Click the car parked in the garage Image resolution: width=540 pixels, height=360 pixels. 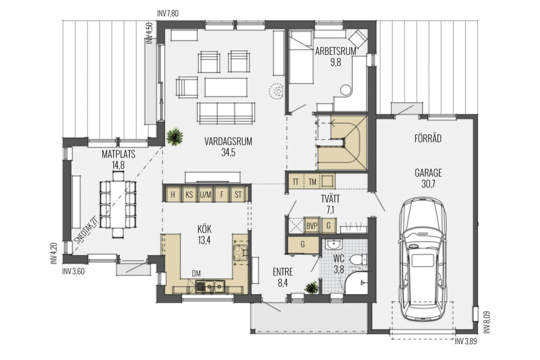(422, 259)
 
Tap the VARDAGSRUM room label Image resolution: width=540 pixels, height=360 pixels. (228, 141)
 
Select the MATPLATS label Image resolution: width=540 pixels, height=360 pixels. (118, 154)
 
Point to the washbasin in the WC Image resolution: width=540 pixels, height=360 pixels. (333, 245)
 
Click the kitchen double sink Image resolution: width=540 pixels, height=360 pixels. (210, 286)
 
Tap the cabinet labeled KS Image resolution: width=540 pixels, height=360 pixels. (189, 195)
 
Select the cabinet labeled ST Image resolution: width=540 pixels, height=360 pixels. (238, 195)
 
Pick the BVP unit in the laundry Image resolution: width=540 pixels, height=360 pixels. (312, 226)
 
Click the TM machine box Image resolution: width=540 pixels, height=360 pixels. (312, 181)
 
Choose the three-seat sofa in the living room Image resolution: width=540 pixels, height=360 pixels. (226, 113)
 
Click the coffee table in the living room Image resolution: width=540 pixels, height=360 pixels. (226, 87)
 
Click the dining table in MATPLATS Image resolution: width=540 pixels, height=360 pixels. (118, 205)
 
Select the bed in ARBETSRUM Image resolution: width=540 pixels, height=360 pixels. (301, 57)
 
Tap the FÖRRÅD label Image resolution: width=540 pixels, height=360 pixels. (428, 139)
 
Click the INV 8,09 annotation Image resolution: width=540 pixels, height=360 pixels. (486, 322)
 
